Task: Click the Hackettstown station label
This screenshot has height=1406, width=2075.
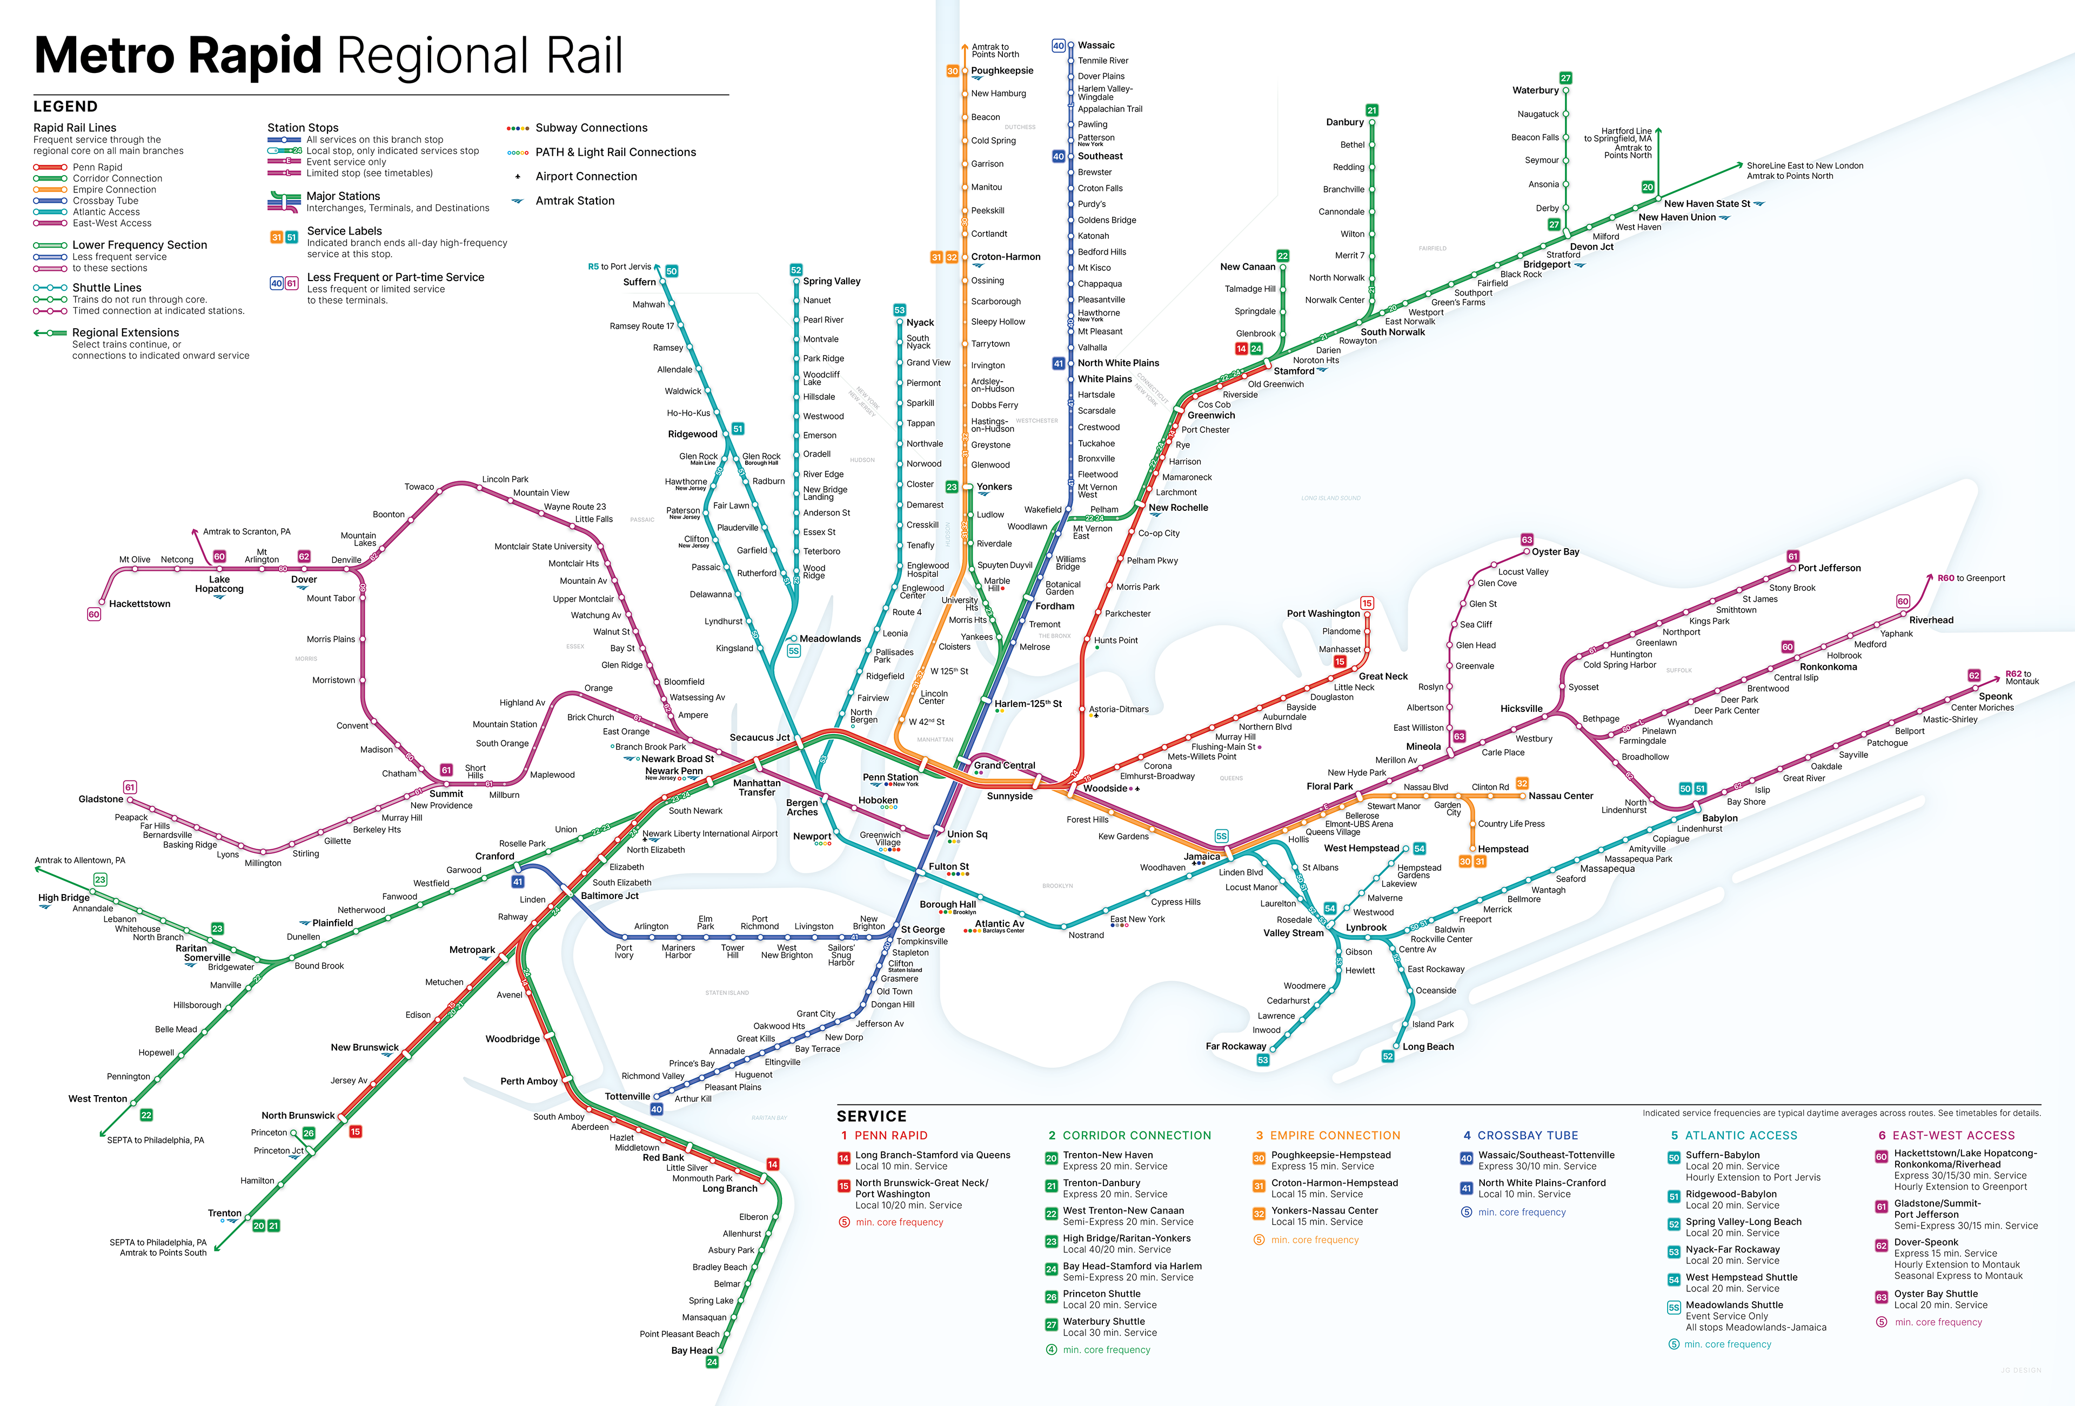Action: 139,604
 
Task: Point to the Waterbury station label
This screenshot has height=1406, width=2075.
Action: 1535,90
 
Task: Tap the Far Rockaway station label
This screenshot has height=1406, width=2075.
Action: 1236,1046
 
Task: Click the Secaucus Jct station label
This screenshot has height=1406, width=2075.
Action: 759,738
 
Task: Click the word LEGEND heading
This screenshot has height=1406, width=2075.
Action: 65,106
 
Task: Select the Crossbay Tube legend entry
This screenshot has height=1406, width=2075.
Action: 105,201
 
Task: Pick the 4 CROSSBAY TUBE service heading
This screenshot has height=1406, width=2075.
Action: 1521,1135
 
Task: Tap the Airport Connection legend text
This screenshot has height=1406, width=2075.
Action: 586,177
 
